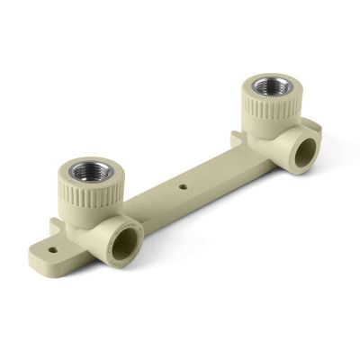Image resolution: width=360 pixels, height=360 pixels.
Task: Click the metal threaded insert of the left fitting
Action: [x=91, y=171]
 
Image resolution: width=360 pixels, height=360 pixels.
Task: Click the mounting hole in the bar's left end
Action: [x=53, y=249]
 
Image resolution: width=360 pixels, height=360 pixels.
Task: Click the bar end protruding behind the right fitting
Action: [x=311, y=125]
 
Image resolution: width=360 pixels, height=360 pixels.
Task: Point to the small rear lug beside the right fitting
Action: [x=236, y=139]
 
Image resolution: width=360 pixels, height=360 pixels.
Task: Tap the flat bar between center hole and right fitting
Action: [x=216, y=171]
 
